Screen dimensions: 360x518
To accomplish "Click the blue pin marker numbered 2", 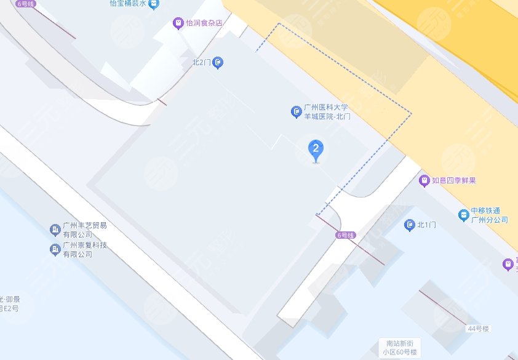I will click(x=316, y=150).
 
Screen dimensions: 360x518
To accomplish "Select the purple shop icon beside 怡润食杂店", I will click(x=178, y=23).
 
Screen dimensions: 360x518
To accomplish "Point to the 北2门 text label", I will click(x=201, y=62).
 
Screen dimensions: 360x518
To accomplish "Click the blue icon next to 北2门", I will click(x=218, y=62).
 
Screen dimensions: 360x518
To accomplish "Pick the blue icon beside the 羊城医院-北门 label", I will click(x=296, y=112).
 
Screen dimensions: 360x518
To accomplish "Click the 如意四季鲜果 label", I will click(x=455, y=181).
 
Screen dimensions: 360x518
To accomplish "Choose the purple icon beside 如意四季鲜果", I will click(x=424, y=181).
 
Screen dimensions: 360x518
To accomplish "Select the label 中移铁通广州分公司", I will click(x=490, y=215).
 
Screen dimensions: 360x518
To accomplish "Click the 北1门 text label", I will click(x=426, y=225).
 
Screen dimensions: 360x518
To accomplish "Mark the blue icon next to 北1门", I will click(x=410, y=225).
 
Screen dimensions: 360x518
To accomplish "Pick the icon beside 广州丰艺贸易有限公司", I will click(x=55, y=230).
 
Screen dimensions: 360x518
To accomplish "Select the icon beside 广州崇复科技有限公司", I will click(x=55, y=250).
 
